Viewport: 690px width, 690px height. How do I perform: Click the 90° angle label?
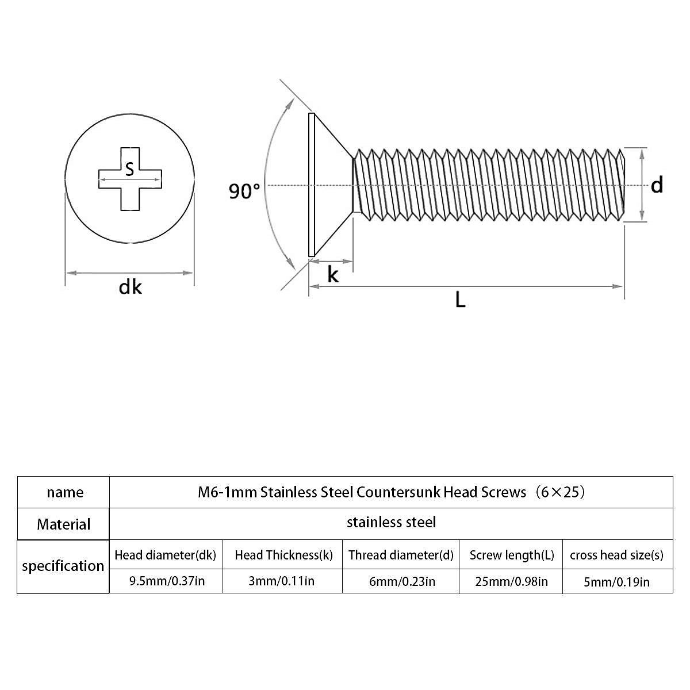[244, 191]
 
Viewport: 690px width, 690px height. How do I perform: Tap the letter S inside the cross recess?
[129, 168]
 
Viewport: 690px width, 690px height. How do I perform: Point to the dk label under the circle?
[130, 287]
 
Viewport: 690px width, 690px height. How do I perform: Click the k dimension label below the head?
[333, 275]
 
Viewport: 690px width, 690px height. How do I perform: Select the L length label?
[460, 300]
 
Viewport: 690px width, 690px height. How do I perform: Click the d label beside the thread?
[657, 185]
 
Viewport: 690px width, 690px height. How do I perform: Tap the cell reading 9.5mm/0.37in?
[167, 581]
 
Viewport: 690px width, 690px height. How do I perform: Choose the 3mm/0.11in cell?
[281, 581]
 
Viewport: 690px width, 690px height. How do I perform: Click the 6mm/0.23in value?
[402, 581]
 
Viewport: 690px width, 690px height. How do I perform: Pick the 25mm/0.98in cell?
[511, 581]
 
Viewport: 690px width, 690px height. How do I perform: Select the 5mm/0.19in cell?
[616, 582]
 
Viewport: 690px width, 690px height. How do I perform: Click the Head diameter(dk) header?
[165, 555]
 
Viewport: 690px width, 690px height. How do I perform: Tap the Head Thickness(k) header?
[283, 555]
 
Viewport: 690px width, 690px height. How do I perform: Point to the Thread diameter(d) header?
[401, 555]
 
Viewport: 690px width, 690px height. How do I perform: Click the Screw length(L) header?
[512, 555]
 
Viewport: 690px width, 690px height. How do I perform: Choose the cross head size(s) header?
[616, 555]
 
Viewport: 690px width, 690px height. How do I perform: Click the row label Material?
[64, 524]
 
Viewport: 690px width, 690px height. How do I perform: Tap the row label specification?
[63, 566]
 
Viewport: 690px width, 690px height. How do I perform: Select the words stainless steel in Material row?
[391, 522]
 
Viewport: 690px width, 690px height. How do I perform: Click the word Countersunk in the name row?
[398, 492]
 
